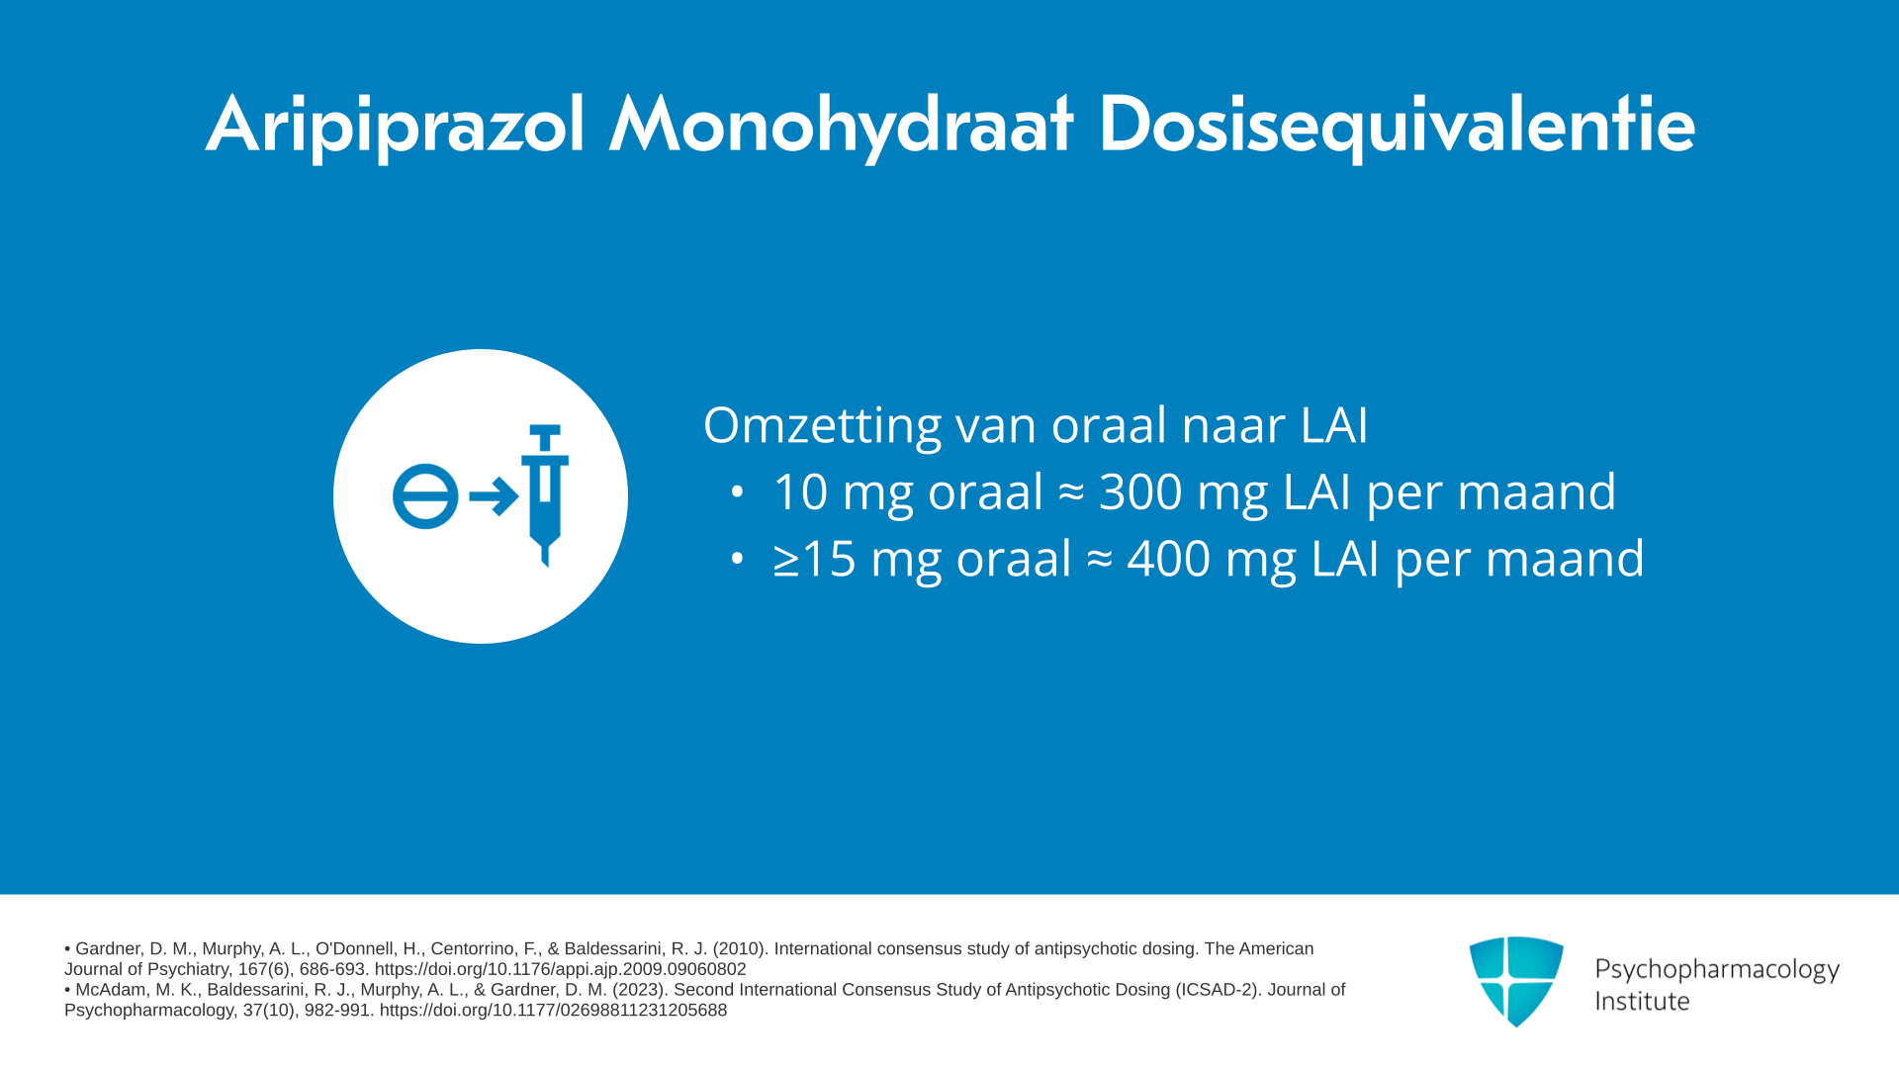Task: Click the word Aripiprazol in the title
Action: tap(396, 126)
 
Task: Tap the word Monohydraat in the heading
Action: tap(841, 126)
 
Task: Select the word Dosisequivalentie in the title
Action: tap(1397, 126)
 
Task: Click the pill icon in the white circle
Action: tap(425, 496)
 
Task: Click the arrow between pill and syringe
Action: tap(494, 496)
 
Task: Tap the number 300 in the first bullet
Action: tap(1140, 491)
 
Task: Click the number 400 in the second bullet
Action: tap(1169, 558)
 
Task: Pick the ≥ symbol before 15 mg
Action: tap(786, 560)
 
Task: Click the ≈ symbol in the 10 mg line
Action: tap(1071, 492)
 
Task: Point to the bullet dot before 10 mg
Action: tap(737, 491)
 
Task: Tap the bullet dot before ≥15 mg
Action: tap(737, 559)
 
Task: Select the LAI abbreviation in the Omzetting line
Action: tap(1334, 425)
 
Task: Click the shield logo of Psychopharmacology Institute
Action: tap(1516, 981)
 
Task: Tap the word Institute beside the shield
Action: tap(1642, 1001)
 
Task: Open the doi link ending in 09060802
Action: tap(561, 969)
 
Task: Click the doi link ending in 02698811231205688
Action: tap(553, 1010)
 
